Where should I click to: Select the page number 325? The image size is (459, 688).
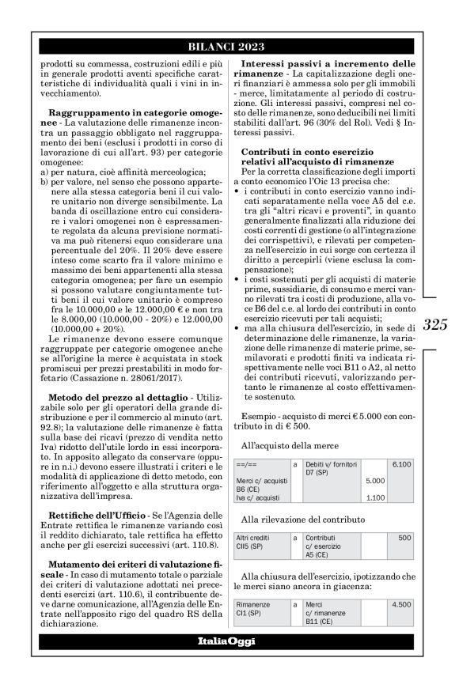tap(437, 325)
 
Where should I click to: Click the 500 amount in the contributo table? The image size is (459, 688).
tap(404, 537)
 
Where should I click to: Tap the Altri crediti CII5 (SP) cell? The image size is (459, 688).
tap(261, 542)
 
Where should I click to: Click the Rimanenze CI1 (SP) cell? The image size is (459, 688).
tap(261, 608)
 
